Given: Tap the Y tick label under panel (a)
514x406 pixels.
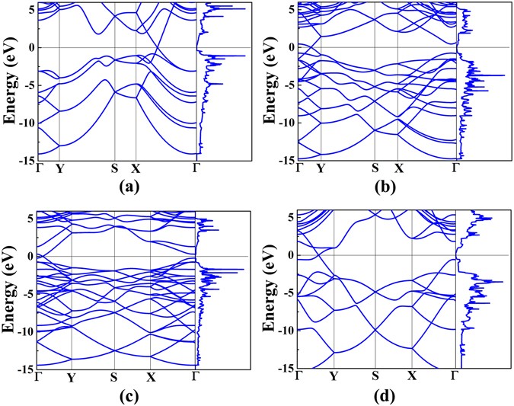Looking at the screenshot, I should click(x=59, y=168).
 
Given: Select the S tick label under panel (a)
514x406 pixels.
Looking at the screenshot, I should click(x=114, y=168).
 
